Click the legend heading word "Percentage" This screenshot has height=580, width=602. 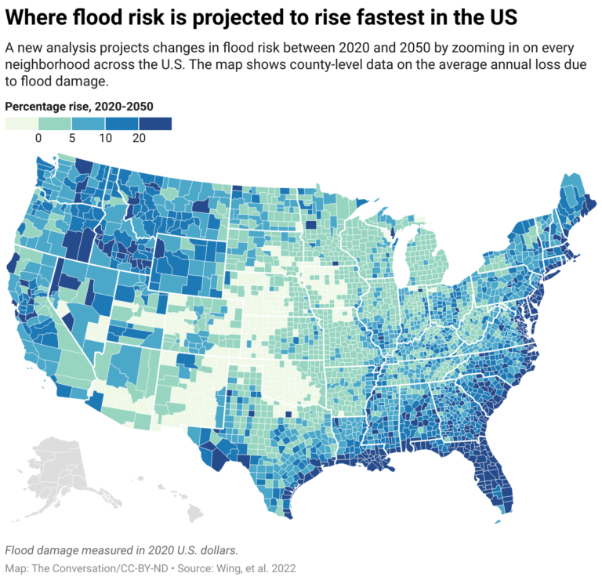(36, 106)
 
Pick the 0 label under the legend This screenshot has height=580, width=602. (38, 138)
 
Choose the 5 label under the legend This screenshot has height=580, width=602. (71, 138)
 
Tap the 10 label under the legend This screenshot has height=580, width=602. (105, 138)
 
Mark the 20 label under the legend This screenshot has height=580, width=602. (138, 138)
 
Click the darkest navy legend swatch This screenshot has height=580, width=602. (155, 123)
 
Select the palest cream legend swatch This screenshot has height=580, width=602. (21, 123)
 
